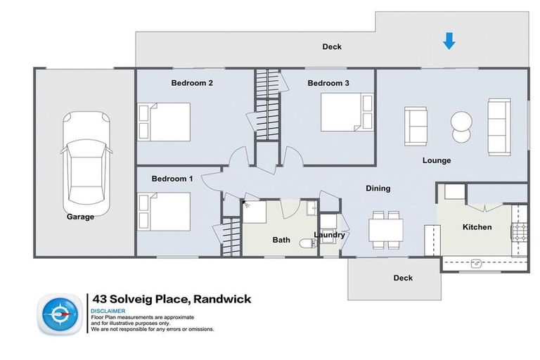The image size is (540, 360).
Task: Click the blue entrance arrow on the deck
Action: click(449, 43)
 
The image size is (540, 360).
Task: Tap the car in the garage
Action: click(86, 159)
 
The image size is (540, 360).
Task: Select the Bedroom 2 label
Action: click(192, 83)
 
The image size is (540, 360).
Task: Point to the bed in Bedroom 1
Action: click(165, 212)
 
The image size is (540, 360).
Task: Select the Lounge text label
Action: click(436, 160)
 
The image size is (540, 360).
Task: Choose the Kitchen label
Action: click(476, 227)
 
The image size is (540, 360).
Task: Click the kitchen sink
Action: click(476, 264)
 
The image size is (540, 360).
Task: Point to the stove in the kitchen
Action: click(519, 232)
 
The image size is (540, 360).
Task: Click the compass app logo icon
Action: click(60, 314)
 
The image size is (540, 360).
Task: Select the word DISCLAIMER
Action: click(108, 311)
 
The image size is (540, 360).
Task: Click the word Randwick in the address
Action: click(217, 300)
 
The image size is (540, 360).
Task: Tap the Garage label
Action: click(80, 217)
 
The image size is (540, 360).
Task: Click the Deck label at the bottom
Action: click(403, 278)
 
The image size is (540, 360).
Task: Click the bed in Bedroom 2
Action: click(165, 122)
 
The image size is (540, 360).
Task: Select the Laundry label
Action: click(330, 235)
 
